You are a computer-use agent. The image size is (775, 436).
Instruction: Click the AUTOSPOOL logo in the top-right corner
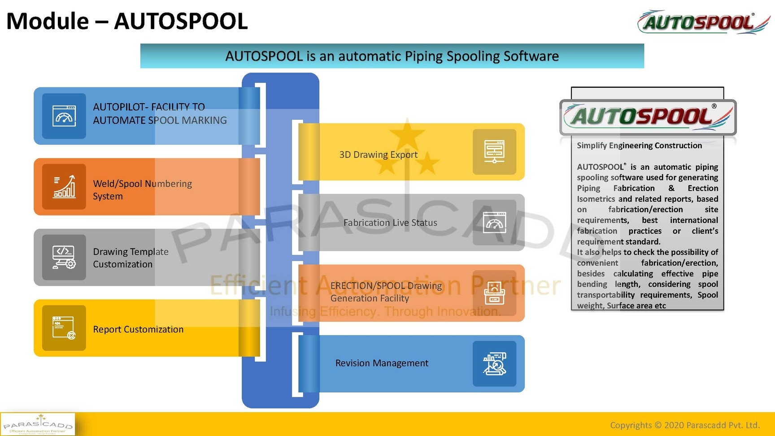point(703,22)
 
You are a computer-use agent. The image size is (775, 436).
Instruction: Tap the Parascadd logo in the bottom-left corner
point(38,424)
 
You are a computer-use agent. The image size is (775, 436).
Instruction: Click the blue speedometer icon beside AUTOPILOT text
point(64,116)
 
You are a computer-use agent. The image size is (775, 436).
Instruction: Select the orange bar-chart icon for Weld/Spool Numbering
point(64,187)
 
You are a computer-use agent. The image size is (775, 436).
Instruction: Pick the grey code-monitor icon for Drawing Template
point(64,257)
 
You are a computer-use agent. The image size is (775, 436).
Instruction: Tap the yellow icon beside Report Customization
point(64,328)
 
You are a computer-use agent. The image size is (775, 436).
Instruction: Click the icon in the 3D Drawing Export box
point(494,152)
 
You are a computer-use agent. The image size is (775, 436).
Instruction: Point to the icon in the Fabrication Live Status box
point(494,222)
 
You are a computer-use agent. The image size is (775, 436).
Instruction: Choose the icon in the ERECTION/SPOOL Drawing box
point(494,293)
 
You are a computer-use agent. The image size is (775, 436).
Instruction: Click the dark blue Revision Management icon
point(494,364)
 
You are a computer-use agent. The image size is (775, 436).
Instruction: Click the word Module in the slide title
point(48,22)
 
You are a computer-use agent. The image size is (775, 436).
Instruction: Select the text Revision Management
point(382,363)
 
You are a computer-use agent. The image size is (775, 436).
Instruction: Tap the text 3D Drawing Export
point(378,155)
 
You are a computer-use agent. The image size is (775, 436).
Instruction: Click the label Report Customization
point(138,329)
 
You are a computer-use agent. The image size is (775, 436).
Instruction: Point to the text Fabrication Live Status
point(390,222)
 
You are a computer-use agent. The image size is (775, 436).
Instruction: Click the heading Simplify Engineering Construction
point(639,145)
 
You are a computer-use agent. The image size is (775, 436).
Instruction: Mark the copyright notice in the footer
point(684,425)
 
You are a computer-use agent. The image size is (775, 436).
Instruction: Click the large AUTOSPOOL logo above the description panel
point(648,117)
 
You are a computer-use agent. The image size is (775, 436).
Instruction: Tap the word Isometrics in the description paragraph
point(596,199)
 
